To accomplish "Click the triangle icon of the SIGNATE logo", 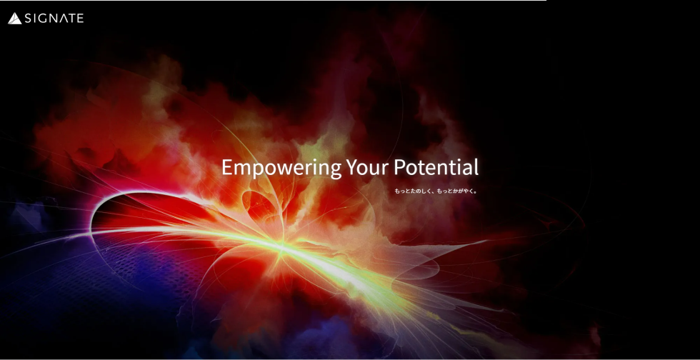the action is pyautogui.click(x=14, y=19).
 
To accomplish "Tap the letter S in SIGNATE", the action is pyautogui.click(x=29, y=19).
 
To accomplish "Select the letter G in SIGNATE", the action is pyautogui.click(x=42, y=19).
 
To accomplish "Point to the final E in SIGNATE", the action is pyautogui.click(x=79, y=19).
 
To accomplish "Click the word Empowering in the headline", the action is pyautogui.click(x=281, y=169).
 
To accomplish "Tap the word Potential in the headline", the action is pyautogui.click(x=436, y=167).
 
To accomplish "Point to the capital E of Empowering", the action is pyautogui.click(x=227, y=167).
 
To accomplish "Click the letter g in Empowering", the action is pyautogui.click(x=335, y=171).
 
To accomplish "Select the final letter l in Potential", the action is pyautogui.click(x=476, y=166).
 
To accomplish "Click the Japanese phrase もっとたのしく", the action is pyautogui.click(x=411, y=191).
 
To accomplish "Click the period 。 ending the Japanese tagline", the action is pyautogui.click(x=476, y=193).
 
